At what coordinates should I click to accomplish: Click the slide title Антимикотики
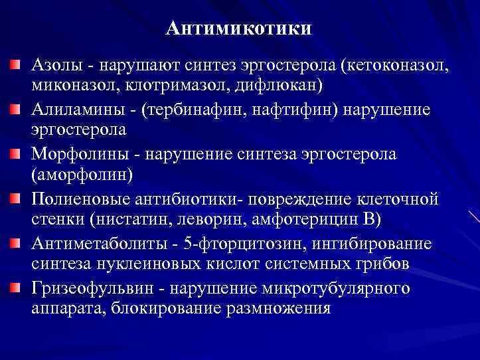239,29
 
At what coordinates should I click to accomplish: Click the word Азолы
55,66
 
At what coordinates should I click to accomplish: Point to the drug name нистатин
122,219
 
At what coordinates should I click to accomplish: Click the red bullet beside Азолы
15,64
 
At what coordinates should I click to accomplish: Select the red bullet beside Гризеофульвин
15,287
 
